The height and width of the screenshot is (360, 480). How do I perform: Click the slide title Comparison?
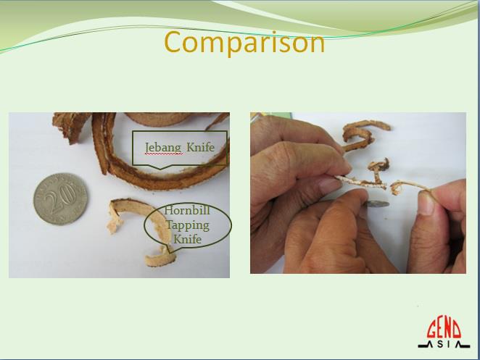click(244, 43)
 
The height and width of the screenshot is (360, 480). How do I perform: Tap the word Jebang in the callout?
click(163, 148)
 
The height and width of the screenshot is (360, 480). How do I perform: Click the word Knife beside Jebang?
click(200, 147)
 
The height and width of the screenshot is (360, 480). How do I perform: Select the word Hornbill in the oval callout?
click(187, 210)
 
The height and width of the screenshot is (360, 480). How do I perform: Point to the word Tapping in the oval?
click(188, 225)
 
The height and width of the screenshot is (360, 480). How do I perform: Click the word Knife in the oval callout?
click(187, 239)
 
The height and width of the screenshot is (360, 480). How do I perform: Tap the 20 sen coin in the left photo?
click(60, 198)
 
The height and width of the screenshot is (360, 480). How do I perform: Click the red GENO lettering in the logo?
click(444, 330)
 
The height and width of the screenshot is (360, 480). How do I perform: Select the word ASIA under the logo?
click(444, 344)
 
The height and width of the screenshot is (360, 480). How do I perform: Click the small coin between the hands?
click(378, 204)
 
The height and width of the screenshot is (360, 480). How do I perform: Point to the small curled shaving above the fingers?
click(379, 167)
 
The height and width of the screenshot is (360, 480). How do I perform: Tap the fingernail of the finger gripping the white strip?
click(330, 185)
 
